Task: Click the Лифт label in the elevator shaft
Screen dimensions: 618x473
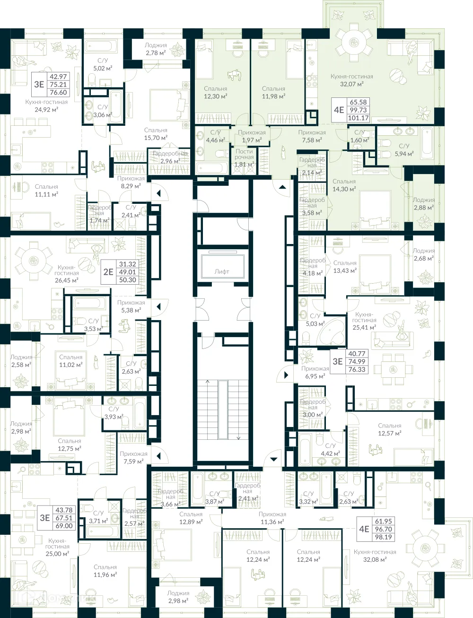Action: pyautogui.click(x=221, y=271)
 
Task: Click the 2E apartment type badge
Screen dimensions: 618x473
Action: pyautogui.click(x=108, y=272)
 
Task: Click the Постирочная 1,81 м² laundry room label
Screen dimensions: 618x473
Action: pyautogui.click(x=244, y=158)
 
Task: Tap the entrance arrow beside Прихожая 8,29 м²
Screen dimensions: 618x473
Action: pyautogui.click(x=158, y=193)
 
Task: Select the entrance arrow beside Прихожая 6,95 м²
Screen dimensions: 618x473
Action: pyautogui.click(x=286, y=375)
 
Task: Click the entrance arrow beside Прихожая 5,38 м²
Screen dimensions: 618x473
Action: pyautogui.click(x=158, y=306)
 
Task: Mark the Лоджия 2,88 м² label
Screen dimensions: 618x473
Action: pyautogui.click(x=423, y=204)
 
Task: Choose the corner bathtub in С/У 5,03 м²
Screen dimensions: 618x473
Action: pyautogui.click(x=332, y=333)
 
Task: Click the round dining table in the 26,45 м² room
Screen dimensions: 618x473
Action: pyautogui.click(x=33, y=261)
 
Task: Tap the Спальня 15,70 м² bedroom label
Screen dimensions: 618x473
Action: pyautogui.click(x=156, y=134)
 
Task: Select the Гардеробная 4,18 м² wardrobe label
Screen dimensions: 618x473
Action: pyautogui.click(x=313, y=267)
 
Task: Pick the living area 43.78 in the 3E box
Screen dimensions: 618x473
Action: pyautogui.click(x=64, y=510)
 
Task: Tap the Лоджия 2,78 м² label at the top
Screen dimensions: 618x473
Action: pyautogui.click(x=156, y=49)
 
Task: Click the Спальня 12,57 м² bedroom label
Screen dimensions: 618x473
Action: pyautogui.click(x=389, y=429)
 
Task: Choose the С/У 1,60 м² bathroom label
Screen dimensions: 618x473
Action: pyautogui.click(x=359, y=137)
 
